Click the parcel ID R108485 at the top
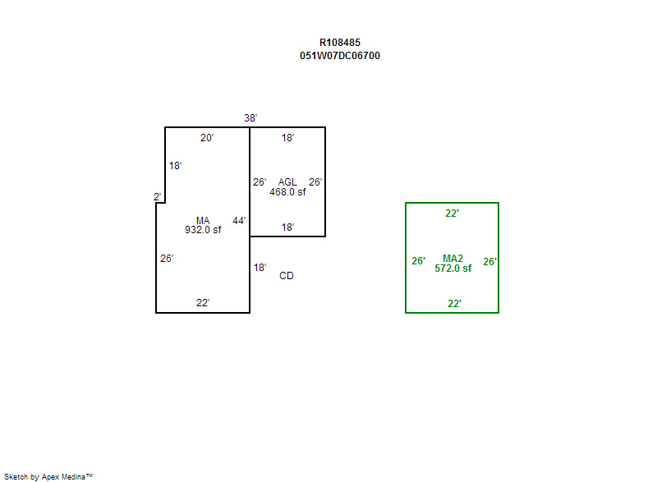click(x=339, y=42)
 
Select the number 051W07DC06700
click(x=339, y=56)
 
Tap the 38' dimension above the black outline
click(x=250, y=118)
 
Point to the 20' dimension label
click(x=207, y=138)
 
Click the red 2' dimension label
click(x=157, y=196)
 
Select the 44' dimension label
click(x=239, y=221)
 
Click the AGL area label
click(x=287, y=182)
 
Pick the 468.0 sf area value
click(x=287, y=192)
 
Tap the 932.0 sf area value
click(x=203, y=230)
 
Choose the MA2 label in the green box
click(x=453, y=259)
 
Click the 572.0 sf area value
click(x=453, y=269)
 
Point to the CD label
click(x=287, y=276)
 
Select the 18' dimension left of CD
click(x=260, y=268)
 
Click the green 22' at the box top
click(x=452, y=213)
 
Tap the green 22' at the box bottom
click(x=454, y=304)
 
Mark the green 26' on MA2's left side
click(x=418, y=262)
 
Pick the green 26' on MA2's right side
click(x=489, y=262)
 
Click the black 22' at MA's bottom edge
click(x=203, y=303)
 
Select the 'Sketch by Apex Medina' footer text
click(x=48, y=476)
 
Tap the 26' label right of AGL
click(x=315, y=182)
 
